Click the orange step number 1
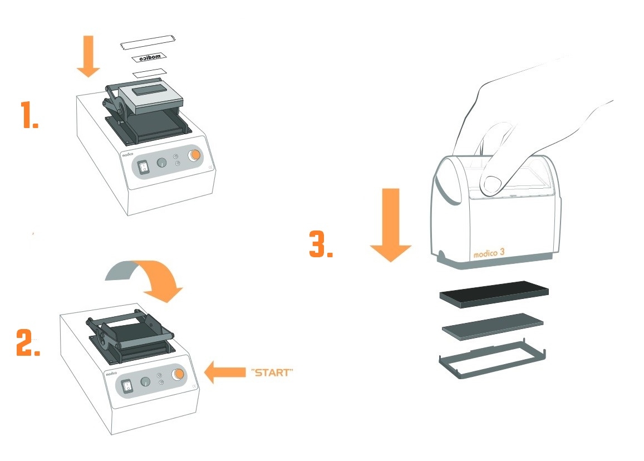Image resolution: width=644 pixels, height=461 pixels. (30, 115)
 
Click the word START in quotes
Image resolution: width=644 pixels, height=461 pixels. (272, 372)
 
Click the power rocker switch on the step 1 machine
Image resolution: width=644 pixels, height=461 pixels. (143, 167)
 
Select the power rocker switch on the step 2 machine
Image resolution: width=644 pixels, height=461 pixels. (127, 385)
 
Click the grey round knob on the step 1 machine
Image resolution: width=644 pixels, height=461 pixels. (161, 163)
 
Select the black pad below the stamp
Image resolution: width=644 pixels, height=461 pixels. (494, 294)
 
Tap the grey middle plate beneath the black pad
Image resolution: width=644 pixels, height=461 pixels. (493, 325)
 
